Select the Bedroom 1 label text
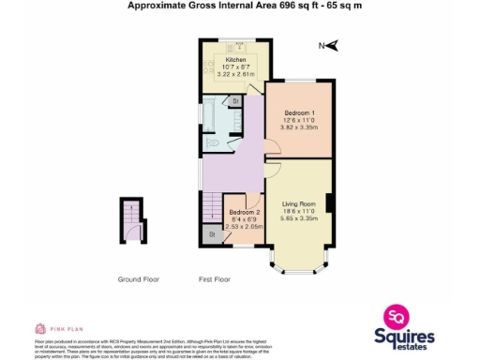click(298, 112)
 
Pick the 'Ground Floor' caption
click(138, 279)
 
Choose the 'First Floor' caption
click(216, 279)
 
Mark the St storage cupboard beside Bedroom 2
click(213, 233)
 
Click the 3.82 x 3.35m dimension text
click(299, 128)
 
